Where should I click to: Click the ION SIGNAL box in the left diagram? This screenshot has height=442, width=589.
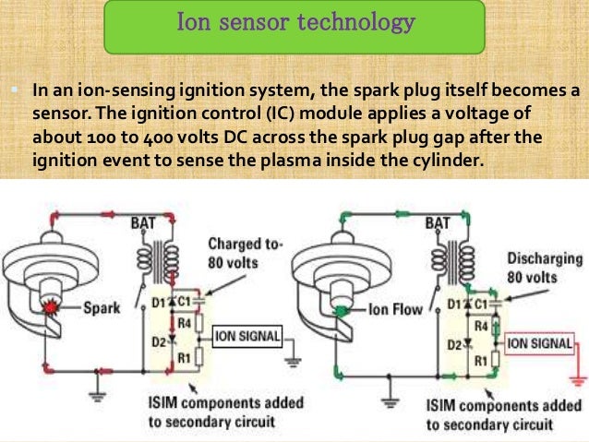click(246, 337)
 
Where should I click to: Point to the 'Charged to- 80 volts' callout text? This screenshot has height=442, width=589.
click(246, 253)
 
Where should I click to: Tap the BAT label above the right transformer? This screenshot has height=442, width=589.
click(438, 222)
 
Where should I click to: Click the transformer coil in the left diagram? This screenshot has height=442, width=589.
click(168, 257)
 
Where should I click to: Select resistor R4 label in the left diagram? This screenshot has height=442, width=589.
click(186, 324)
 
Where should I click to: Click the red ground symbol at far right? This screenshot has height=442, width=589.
click(577, 379)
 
